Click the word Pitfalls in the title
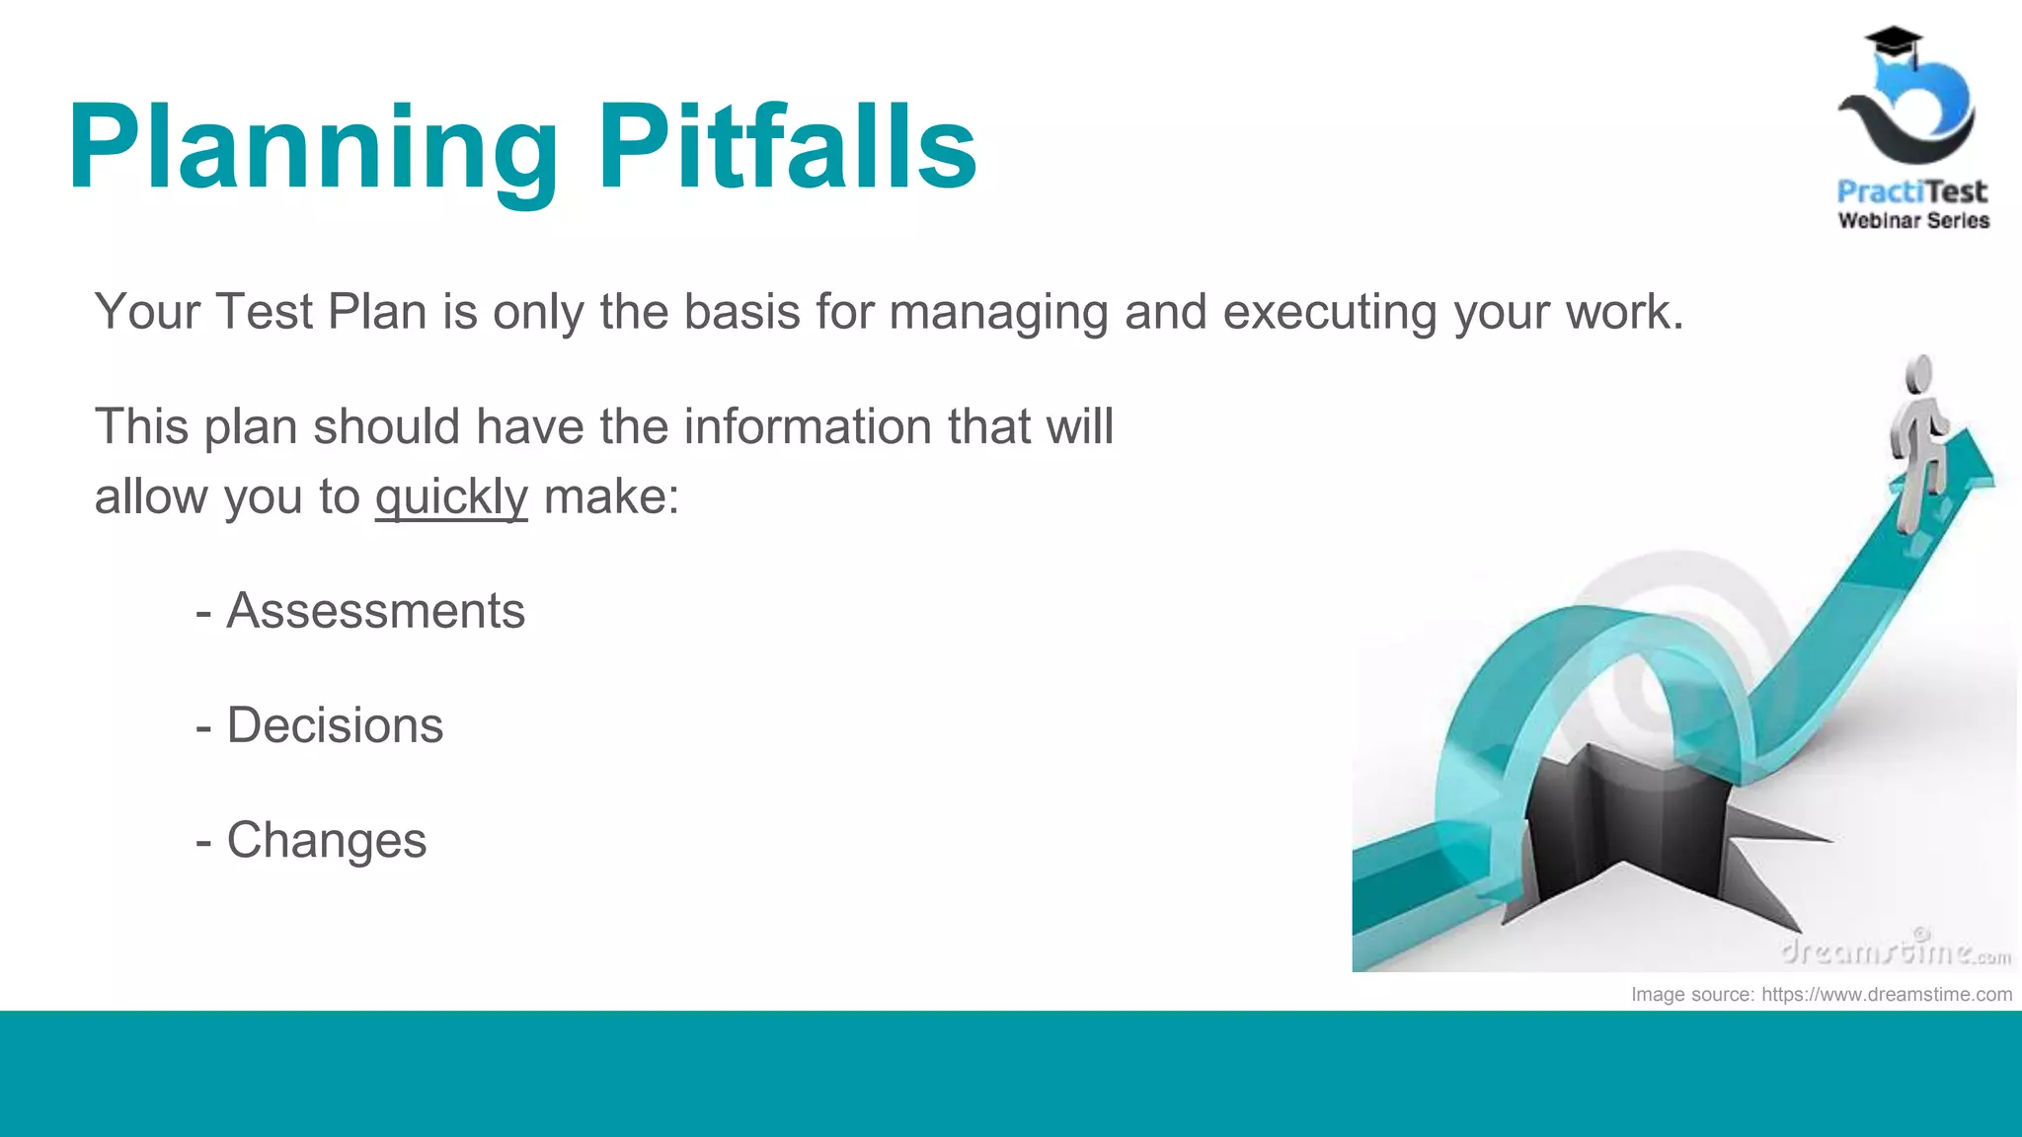click(787, 148)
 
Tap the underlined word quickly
click(451, 496)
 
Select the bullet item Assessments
click(375, 611)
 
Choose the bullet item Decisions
click(335, 725)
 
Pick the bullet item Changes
click(327, 841)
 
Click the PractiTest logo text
click(1911, 191)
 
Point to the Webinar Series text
click(1913, 221)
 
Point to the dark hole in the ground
click(1619, 819)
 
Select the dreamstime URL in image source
click(1886, 995)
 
